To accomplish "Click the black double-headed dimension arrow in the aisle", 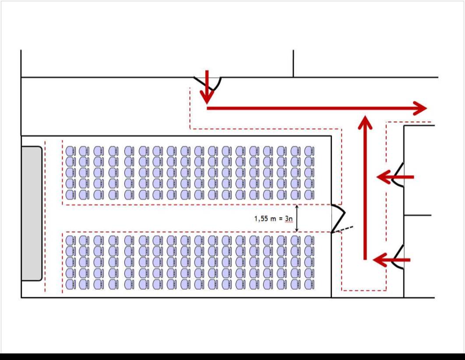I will (x=297, y=218).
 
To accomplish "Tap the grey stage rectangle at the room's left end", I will (x=32, y=214).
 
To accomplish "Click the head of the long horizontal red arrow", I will (x=420, y=108).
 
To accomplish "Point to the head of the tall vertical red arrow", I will (x=365, y=123).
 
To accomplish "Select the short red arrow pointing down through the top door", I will (x=208, y=88).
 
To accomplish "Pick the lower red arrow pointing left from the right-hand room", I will (x=391, y=260).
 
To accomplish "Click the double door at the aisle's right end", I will (x=338, y=218).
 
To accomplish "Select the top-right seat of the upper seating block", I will (x=310, y=151).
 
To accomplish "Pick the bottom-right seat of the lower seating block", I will (x=310, y=284).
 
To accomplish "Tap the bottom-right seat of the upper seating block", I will (x=310, y=194).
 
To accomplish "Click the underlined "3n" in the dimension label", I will (x=288, y=218).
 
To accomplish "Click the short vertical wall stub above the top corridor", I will (x=293, y=64).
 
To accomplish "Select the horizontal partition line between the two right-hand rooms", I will (x=418, y=215).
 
